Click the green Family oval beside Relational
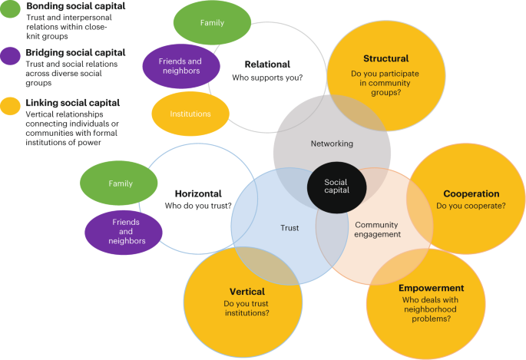click(211, 23)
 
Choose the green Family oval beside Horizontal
click(120, 184)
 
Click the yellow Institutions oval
click(190, 114)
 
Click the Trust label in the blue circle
click(289, 227)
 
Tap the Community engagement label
click(377, 230)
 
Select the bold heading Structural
click(385, 59)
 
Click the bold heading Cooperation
click(471, 194)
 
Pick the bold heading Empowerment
click(431, 289)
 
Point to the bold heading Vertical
click(246, 292)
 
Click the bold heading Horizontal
click(198, 194)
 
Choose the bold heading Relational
click(267, 65)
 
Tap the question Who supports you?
click(267, 78)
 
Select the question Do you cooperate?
click(471, 206)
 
